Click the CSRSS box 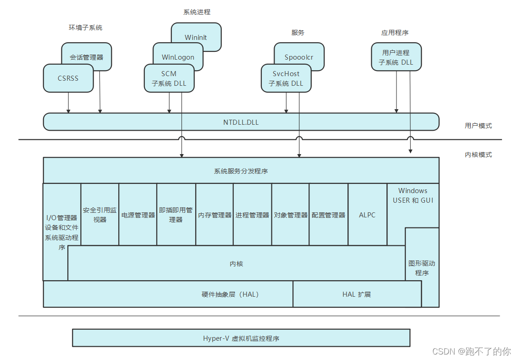(68, 78)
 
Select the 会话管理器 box (87, 57)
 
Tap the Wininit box (196, 37)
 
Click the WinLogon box (178, 57)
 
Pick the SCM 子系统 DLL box (169, 78)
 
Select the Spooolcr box (299, 57)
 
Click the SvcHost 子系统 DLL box (286, 78)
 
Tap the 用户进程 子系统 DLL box (396, 57)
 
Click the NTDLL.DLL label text (241, 122)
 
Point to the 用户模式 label (478, 126)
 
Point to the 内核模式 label (478, 155)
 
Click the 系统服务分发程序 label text (241, 171)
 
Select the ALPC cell (367, 215)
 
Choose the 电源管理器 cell (138, 215)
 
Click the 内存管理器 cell (215, 215)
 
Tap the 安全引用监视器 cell (100, 215)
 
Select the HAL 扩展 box (357, 294)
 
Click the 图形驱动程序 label (422, 268)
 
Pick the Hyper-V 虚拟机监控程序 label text (241, 338)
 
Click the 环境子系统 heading (85, 28)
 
